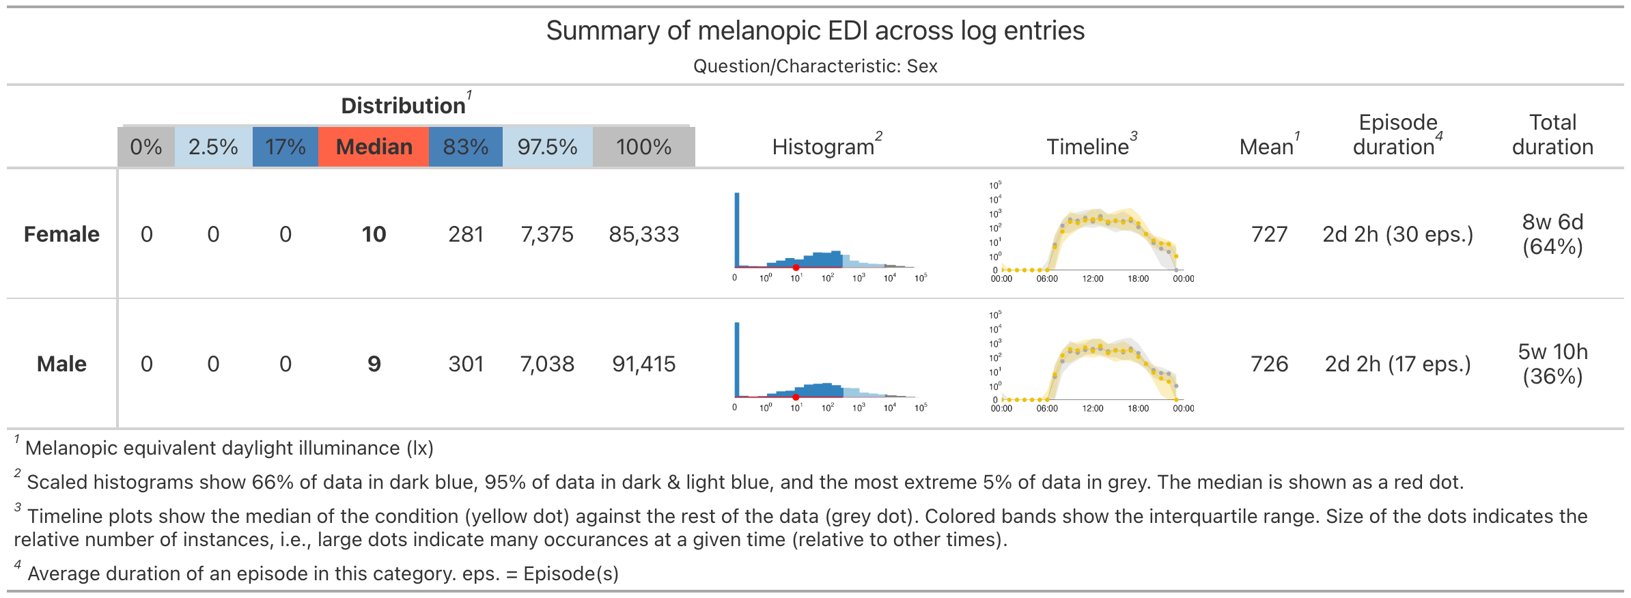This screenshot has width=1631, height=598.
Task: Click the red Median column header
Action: (374, 147)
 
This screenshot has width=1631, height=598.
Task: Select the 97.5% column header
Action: (547, 147)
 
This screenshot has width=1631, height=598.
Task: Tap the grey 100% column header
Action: (643, 147)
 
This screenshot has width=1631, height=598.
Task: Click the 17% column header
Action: (285, 147)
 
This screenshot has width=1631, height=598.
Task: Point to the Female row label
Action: (61, 234)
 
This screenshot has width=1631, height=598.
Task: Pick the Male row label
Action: (61, 364)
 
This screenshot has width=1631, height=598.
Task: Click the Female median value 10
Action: (374, 234)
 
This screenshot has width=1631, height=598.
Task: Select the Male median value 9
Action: (374, 364)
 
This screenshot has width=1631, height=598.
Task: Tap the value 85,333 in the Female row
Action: (643, 234)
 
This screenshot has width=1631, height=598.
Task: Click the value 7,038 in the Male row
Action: (547, 364)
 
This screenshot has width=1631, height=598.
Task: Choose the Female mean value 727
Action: (1269, 234)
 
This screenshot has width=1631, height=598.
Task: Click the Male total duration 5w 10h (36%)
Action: (1552, 364)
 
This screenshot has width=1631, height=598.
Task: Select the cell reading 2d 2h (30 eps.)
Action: (1397, 234)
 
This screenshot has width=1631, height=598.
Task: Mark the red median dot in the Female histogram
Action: (796, 268)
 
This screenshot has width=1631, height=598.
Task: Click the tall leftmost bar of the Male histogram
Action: (737, 358)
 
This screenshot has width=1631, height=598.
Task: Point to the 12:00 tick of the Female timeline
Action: (1093, 278)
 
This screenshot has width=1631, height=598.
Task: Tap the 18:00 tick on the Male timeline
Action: (1138, 408)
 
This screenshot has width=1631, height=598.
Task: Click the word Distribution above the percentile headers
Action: (403, 106)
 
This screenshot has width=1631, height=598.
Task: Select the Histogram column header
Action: (823, 147)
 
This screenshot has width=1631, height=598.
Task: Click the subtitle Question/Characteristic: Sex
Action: (815, 66)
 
